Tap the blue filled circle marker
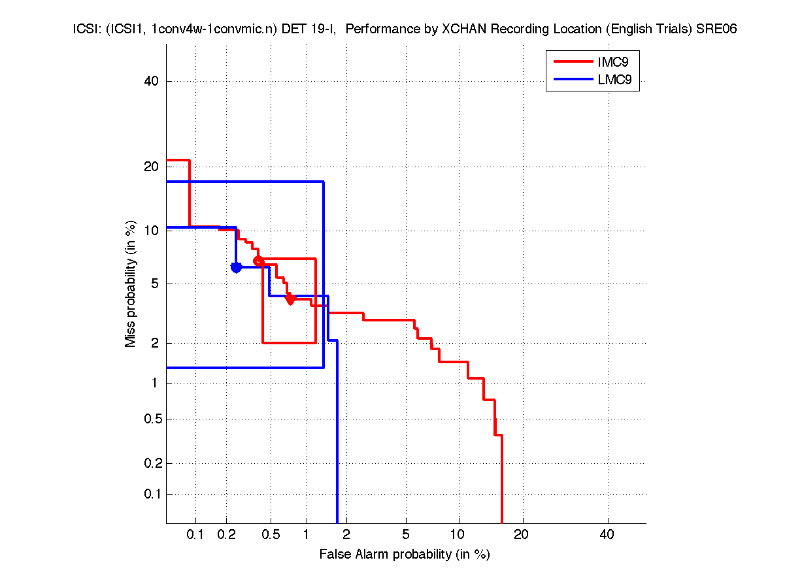tap(236, 267)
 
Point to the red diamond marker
tap(291, 299)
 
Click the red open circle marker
tap(258, 261)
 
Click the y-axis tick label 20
tap(151, 167)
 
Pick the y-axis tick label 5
tap(154, 284)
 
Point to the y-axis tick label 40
tap(151, 81)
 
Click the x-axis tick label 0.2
tap(226, 535)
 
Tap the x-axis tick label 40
tap(607, 535)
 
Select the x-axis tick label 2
tap(346, 535)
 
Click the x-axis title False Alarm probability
tap(405, 555)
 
